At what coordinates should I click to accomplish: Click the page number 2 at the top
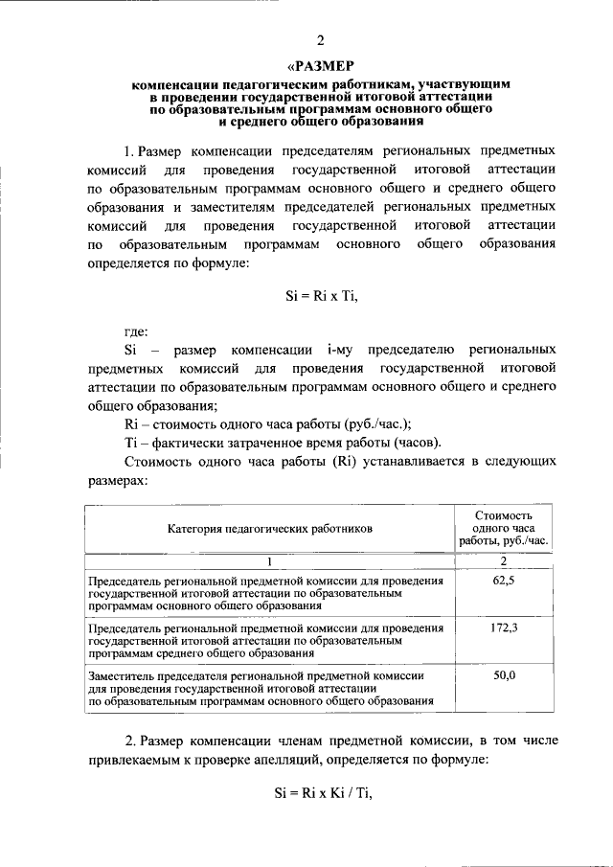click(321, 39)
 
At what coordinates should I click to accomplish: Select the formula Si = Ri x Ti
click(321, 296)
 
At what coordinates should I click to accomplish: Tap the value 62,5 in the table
click(504, 581)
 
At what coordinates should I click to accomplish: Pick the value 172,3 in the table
click(504, 627)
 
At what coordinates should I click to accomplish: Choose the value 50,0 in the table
click(504, 675)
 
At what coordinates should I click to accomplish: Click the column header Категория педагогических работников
click(269, 528)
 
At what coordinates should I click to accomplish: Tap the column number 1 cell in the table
click(269, 561)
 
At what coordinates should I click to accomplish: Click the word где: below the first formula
click(137, 331)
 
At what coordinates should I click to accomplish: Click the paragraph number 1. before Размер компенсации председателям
click(129, 151)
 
